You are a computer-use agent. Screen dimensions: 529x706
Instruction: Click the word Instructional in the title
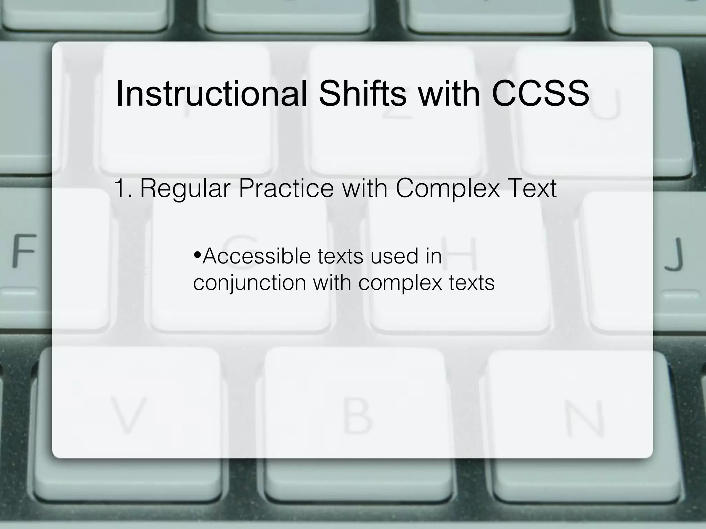(211, 94)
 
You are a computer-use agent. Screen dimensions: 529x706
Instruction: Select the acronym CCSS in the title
(540, 94)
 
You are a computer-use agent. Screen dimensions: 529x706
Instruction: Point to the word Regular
(185, 189)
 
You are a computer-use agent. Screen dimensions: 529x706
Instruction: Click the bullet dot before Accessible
(197, 256)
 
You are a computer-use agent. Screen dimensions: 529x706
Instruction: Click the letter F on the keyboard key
(24, 250)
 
